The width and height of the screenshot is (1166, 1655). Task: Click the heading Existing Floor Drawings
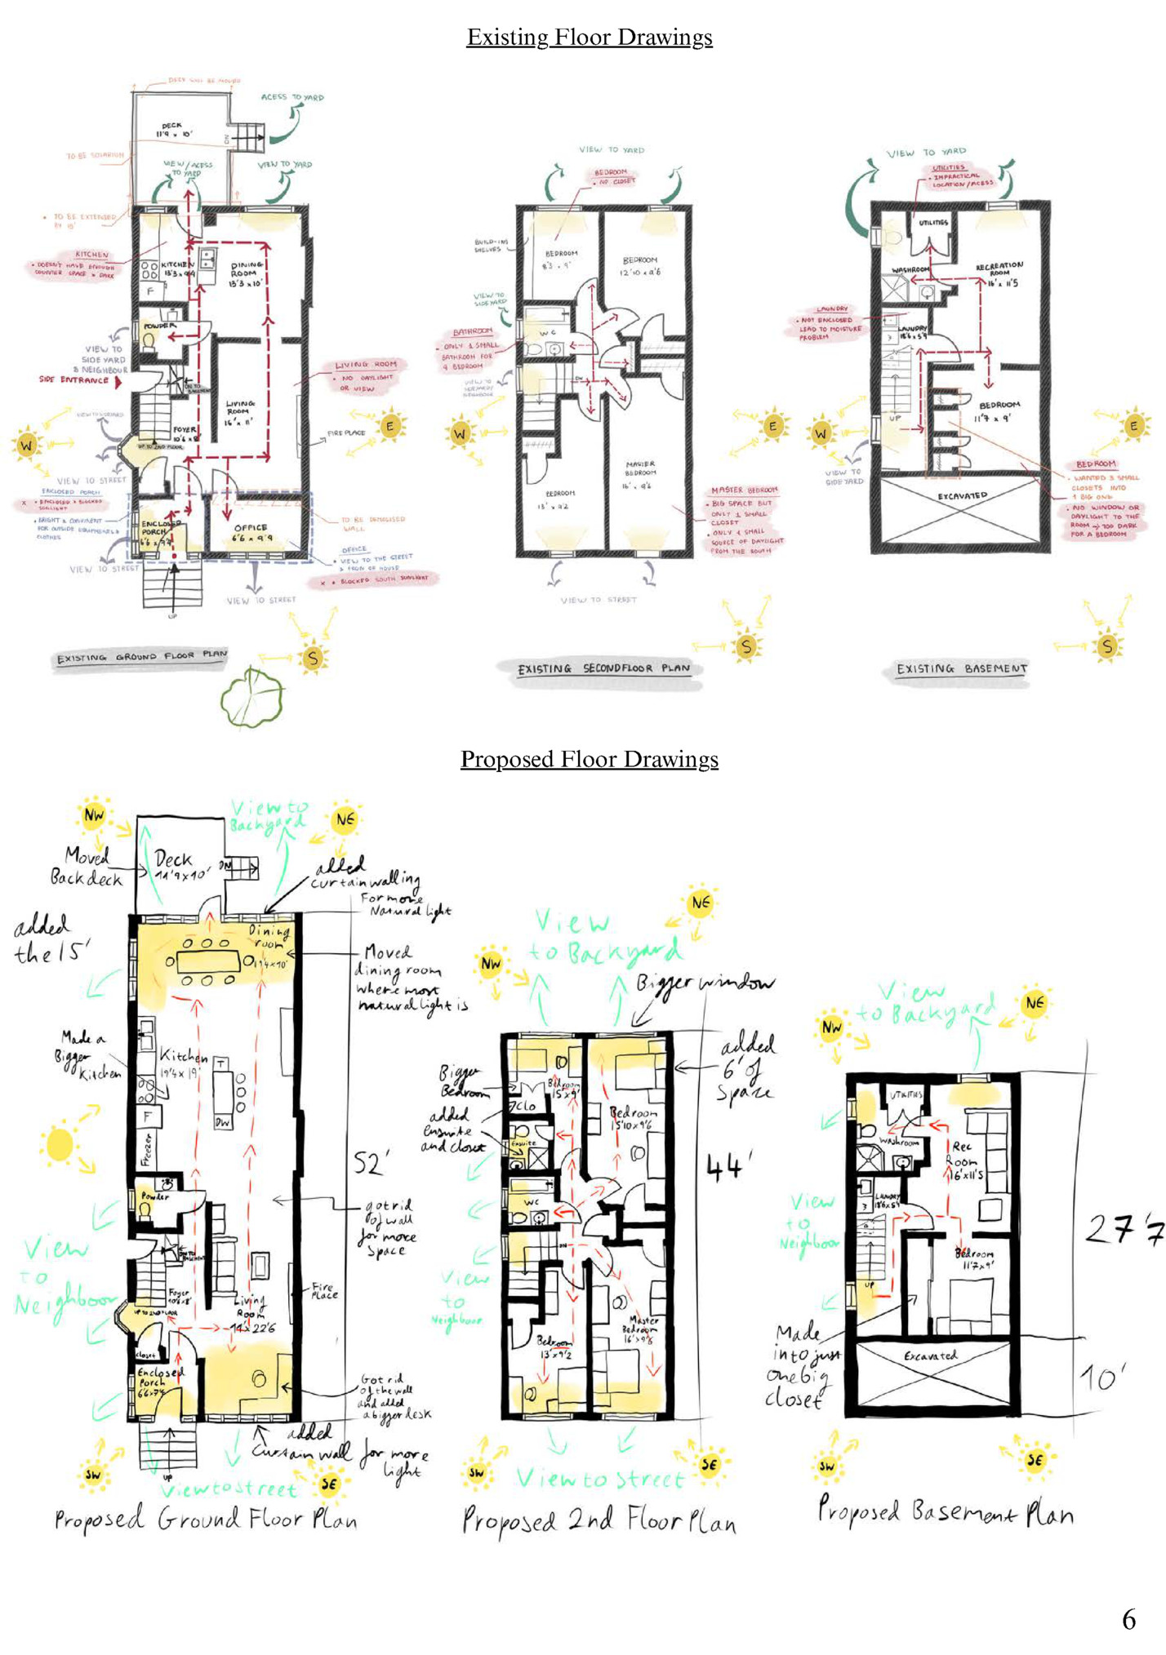coord(589,38)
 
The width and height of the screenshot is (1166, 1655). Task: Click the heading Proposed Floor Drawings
coord(589,760)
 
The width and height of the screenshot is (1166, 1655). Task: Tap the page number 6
coord(1128,1619)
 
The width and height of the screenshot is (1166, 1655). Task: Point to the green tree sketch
coord(252,696)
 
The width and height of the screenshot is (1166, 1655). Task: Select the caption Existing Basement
coord(961,669)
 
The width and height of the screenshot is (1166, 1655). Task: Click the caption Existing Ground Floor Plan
coord(141,657)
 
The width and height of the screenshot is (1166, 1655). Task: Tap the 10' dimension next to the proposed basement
coord(1103,1379)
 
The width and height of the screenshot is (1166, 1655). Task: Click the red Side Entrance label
coord(74,380)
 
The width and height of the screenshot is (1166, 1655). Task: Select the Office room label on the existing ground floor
coord(250,532)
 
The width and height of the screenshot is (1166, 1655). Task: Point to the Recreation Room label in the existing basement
coord(999,270)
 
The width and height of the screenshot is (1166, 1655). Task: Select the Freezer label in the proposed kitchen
coord(148,1148)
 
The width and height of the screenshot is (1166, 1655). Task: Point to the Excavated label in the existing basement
coord(962,496)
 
